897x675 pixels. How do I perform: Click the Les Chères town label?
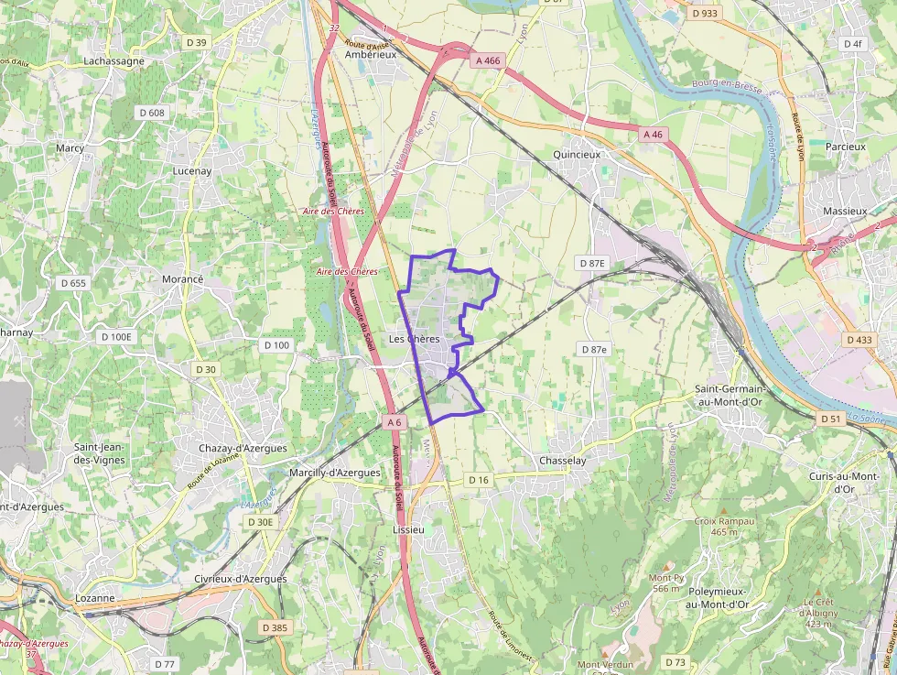[414, 339]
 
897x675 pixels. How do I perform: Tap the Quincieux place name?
[577, 155]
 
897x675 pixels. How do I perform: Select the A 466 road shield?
[488, 60]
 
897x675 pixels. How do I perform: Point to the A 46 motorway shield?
[653, 135]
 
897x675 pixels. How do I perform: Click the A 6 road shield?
[394, 422]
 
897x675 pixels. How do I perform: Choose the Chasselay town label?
[562, 461]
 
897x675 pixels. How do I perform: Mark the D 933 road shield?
[705, 14]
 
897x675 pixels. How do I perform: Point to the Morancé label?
[181, 278]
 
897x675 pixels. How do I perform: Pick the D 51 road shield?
[830, 419]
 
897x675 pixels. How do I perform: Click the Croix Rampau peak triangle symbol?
[723, 510]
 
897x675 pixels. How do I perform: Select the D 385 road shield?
[274, 627]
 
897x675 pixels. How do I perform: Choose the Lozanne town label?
[94, 598]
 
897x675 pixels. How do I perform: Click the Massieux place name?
[844, 211]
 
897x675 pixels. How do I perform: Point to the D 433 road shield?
[859, 340]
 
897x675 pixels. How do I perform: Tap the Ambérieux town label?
[370, 55]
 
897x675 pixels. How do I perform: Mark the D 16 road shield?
[479, 480]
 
